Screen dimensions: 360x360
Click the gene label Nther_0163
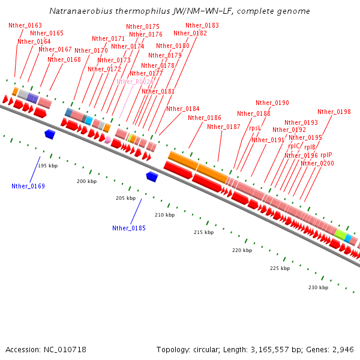tap(25, 25)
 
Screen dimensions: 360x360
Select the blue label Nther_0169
tap(28, 186)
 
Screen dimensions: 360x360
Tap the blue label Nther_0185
tap(128, 228)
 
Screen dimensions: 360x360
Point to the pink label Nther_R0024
tap(134, 82)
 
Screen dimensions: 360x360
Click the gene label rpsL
tap(255, 128)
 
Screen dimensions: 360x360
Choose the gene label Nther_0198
tap(334, 112)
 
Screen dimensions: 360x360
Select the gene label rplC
tap(294, 146)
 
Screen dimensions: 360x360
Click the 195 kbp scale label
tap(48, 166)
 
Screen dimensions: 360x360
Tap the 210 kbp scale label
tap(164, 215)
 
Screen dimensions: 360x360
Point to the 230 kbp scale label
tap(318, 287)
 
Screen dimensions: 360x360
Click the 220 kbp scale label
tap(242, 250)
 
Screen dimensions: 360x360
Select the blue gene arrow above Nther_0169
tap(50, 134)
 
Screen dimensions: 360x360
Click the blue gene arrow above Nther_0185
tap(152, 176)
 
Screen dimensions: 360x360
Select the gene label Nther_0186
tap(205, 118)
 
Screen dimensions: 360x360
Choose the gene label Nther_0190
tap(272, 103)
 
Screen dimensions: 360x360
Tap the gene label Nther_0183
tap(202, 25)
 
